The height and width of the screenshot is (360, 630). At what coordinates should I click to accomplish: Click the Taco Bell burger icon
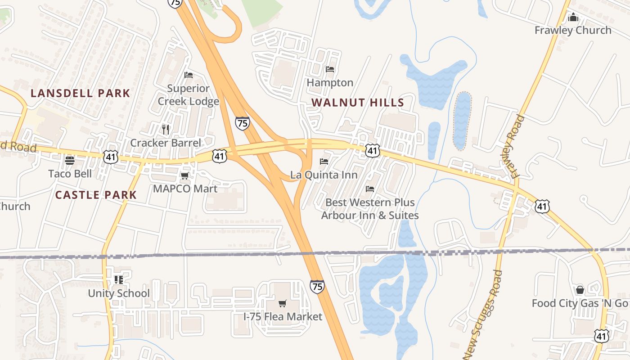(70, 160)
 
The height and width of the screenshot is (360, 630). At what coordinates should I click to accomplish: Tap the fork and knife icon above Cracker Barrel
(166, 130)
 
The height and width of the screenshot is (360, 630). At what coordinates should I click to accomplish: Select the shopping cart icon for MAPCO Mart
(184, 175)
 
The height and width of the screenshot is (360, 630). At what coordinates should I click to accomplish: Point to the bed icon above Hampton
(330, 69)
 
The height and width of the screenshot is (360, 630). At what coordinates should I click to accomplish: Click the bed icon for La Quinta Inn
(324, 162)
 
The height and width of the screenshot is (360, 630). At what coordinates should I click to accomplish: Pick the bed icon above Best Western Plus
(370, 189)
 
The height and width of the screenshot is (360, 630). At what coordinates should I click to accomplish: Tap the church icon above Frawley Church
(573, 17)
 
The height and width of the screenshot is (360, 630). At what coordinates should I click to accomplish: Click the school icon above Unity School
(118, 280)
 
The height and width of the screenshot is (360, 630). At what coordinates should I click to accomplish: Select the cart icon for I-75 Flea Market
(282, 303)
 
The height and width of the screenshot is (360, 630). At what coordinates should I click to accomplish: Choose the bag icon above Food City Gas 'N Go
(580, 289)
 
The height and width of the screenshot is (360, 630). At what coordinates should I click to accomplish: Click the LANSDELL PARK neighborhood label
(81, 94)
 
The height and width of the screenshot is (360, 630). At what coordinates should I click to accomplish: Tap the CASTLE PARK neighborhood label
(96, 195)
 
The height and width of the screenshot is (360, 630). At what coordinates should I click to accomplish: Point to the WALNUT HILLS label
(358, 103)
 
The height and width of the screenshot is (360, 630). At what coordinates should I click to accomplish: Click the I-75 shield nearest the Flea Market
(317, 287)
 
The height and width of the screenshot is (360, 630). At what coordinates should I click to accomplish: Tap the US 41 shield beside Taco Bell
(110, 157)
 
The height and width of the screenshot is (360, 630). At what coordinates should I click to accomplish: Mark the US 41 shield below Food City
(602, 336)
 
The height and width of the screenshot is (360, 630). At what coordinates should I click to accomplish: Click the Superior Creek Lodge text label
(188, 94)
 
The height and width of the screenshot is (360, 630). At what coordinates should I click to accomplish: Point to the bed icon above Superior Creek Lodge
(189, 75)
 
